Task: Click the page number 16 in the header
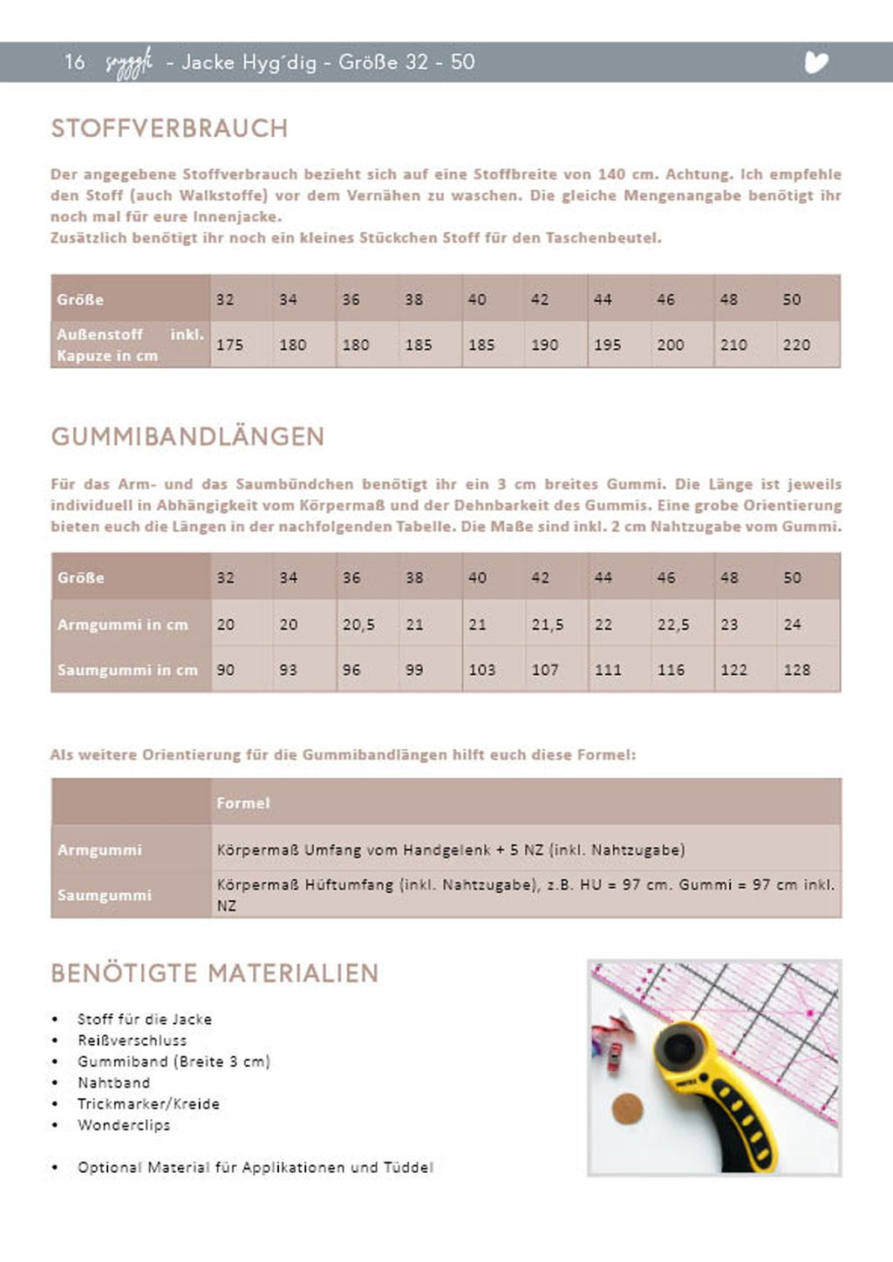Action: pyautogui.click(x=74, y=62)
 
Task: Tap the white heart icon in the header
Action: pyautogui.click(x=816, y=62)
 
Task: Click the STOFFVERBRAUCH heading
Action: pyautogui.click(x=169, y=128)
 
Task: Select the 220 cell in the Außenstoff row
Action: pyautogui.click(x=796, y=344)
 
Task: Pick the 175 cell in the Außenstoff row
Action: pyautogui.click(x=229, y=344)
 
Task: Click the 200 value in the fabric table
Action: pyautogui.click(x=670, y=344)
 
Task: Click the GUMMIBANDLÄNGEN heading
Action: pyautogui.click(x=187, y=436)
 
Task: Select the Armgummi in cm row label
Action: pyautogui.click(x=122, y=624)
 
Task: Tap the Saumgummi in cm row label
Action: pyautogui.click(x=127, y=670)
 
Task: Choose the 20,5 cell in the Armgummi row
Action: pyautogui.click(x=358, y=624)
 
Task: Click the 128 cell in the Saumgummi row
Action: pyautogui.click(x=796, y=670)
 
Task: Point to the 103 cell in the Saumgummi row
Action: pyautogui.click(x=481, y=670)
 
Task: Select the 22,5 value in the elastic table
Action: pyautogui.click(x=673, y=624)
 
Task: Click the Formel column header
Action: pyautogui.click(x=243, y=802)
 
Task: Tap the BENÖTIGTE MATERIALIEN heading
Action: pyautogui.click(x=215, y=973)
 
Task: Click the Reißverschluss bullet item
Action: pyautogui.click(x=132, y=1040)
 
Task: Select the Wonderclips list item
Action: pyautogui.click(x=124, y=1124)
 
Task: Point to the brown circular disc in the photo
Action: pyautogui.click(x=627, y=1110)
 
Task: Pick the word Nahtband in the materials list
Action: pyautogui.click(x=113, y=1082)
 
